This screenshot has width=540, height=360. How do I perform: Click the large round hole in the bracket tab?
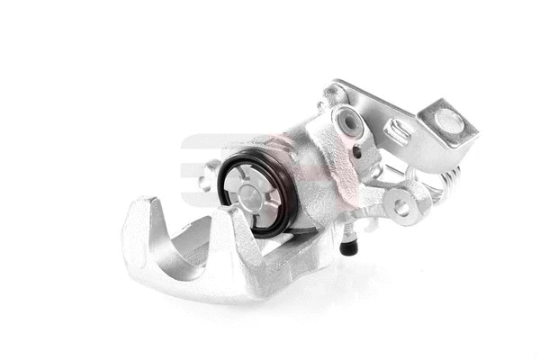click(447, 121)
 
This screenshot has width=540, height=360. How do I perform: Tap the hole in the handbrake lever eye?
click(401, 208)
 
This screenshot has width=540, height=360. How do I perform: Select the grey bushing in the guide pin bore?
click(346, 121)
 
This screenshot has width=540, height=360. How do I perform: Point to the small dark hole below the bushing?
click(356, 152)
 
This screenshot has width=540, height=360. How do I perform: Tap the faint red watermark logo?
click(202, 153)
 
